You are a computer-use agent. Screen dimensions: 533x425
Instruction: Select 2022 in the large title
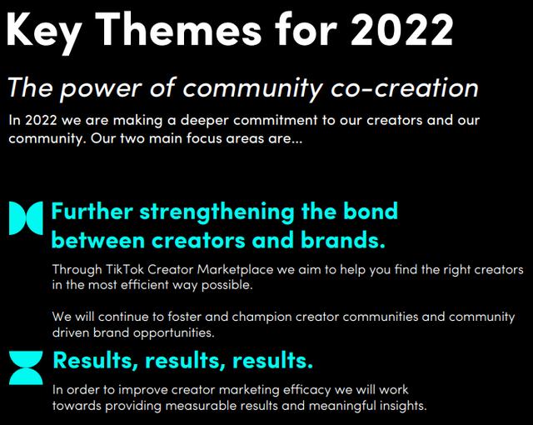click(402, 29)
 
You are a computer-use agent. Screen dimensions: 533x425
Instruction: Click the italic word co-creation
click(405, 87)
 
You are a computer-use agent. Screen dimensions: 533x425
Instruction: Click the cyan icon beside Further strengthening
click(26, 218)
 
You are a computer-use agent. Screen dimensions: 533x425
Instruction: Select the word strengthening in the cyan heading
click(217, 212)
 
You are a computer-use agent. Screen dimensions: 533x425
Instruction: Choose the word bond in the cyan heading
click(371, 211)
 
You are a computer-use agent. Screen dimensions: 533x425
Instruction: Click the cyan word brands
click(343, 240)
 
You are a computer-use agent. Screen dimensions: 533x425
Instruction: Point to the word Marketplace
click(235, 269)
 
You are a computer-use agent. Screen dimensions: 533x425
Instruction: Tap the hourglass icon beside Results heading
click(26, 367)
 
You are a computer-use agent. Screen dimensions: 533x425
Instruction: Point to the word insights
click(403, 406)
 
